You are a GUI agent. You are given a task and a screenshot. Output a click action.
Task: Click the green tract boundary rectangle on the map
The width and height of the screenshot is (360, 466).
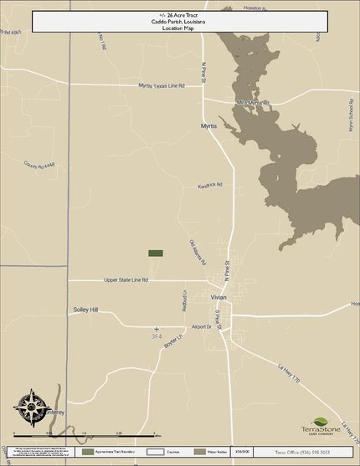point(156,253)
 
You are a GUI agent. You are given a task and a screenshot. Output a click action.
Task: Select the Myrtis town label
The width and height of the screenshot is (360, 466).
point(208,126)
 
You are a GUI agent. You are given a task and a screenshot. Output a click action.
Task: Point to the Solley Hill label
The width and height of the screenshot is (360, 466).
point(85,310)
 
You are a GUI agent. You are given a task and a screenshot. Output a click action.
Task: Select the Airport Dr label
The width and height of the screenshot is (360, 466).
point(202,327)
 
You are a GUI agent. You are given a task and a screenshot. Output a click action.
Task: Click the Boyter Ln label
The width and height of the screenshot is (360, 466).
point(172,341)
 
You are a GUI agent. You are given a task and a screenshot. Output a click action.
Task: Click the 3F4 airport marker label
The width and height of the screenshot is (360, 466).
point(156,335)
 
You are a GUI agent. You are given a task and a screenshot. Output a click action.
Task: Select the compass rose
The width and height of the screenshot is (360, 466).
point(31,407)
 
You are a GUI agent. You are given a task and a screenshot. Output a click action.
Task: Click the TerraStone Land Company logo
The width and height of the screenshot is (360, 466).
point(322,428)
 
